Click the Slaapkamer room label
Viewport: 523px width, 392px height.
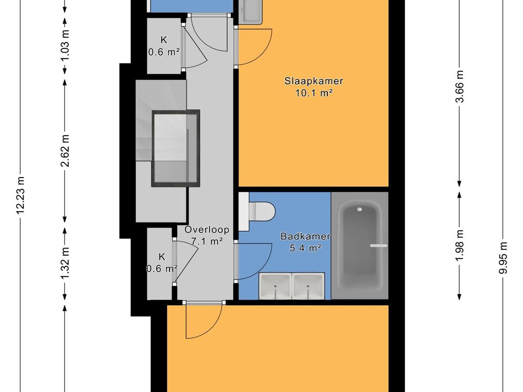point(314,81)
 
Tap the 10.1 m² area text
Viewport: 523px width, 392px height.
point(314,93)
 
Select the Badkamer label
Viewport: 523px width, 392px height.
point(305,236)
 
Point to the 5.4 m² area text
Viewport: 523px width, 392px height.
point(305,249)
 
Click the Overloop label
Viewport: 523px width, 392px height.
point(207,229)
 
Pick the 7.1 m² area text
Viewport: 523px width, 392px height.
point(207,241)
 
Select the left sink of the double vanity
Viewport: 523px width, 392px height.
point(275,286)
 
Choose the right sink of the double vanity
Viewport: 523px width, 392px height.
point(308,286)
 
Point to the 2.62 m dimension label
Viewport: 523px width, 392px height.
point(65,151)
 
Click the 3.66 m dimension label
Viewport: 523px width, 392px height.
point(460,86)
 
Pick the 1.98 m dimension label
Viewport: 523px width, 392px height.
point(460,246)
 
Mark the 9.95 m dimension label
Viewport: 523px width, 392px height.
point(503,258)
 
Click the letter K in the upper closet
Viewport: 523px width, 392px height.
point(164,40)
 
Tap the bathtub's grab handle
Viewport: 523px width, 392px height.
point(378,246)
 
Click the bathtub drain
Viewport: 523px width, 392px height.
point(360,209)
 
